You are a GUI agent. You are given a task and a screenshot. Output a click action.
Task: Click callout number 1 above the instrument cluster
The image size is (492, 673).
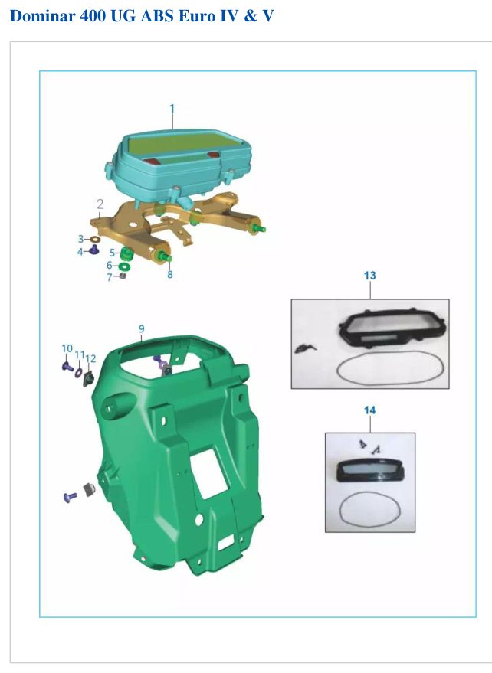[x=172, y=109]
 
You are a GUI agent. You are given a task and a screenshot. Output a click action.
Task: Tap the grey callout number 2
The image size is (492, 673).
[x=100, y=204]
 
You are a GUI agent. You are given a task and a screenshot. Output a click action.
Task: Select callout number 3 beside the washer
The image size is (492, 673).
[x=80, y=239]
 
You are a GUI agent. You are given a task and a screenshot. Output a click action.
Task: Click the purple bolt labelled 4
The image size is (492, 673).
[x=93, y=250]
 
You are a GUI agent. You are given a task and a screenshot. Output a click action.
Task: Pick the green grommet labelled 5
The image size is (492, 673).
[x=126, y=253]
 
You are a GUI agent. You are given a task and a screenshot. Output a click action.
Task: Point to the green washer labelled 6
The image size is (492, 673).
[x=124, y=266]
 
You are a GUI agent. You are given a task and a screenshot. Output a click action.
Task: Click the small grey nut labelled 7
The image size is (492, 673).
[x=122, y=276]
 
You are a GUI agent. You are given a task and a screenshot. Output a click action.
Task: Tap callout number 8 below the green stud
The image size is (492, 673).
[x=169, y=274]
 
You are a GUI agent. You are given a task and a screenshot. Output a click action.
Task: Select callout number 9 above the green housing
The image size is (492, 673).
[x=141, y=329]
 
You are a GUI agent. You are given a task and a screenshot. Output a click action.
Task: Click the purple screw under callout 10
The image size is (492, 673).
[x=67, y=367]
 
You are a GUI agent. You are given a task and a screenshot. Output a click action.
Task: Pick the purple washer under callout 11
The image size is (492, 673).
[x=78, y=372]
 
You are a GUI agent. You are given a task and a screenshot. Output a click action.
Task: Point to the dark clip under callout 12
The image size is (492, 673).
[x=89, y=378]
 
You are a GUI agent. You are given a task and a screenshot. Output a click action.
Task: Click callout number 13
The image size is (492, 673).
[x=369, y=276]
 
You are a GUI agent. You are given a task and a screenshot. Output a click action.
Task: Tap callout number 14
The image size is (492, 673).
[x=369, y=410]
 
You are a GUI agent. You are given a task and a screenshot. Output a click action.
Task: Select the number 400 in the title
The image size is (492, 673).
[x=93, y=16]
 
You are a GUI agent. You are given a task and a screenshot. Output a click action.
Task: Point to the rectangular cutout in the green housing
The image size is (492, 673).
[x=209, y=475]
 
